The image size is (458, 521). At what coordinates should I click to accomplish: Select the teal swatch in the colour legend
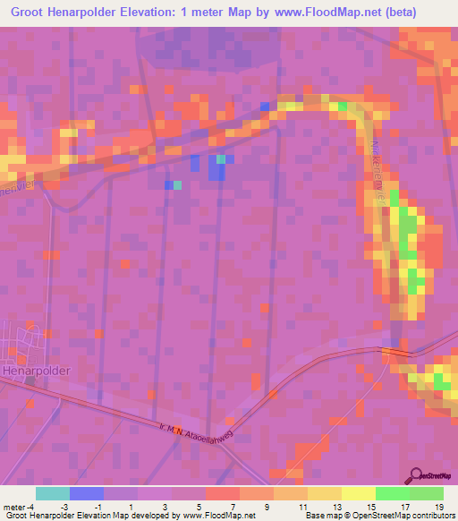click(53, 493)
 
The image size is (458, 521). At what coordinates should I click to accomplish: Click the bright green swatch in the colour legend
click(392, 493)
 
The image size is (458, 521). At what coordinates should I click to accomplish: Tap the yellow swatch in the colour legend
click(325, 493)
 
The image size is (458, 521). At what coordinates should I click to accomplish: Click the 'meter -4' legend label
click(18, 506)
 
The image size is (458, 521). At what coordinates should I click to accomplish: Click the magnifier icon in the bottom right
click(416, 474)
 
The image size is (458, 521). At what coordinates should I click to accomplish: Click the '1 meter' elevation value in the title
click(208, 13)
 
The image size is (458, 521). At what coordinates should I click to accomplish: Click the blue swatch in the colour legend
click(87, 493)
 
